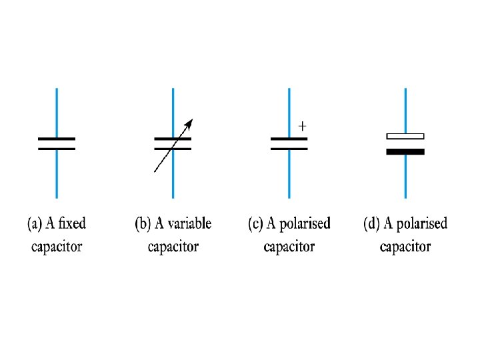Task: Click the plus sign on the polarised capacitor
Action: (x=303, y=125)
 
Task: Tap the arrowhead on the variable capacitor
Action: (x=190, y=123)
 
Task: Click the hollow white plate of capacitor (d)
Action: (x=405, y=136)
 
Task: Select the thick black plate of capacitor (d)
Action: (x=405, y=151)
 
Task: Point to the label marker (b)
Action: (x=143, y=224)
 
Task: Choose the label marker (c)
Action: (x=255, y=224)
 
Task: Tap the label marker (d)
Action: (x=371, y=224)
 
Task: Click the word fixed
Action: (x=72, y=223)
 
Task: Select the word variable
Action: (x=189, y=223)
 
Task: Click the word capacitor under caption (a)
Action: (x=57, y=247)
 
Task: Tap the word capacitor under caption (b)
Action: (x=173, y=247)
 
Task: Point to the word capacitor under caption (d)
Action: (x=405, y=247)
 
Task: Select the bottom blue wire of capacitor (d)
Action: (x=405, y=176)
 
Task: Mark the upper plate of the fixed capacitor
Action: (x=57, y=139)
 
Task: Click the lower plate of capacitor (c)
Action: (x=289, y=148)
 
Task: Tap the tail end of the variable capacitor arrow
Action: (x=155, y=171)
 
